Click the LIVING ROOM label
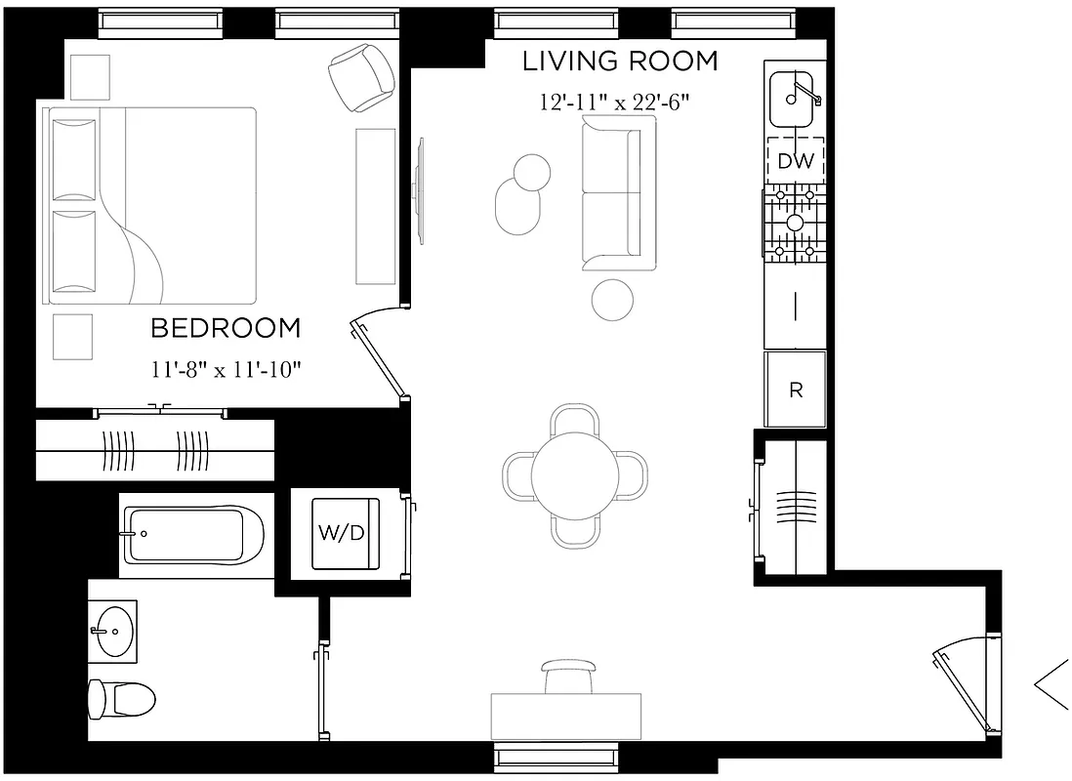[620, 62]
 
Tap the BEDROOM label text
[226, 329]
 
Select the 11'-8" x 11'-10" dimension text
[226, 369]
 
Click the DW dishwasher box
[796, 161]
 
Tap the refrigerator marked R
[796, 390]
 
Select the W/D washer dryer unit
[344, 533]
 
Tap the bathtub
[191, 535]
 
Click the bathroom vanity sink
[115, 631]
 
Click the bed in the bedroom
[151, 205]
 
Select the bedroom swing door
[379, 356]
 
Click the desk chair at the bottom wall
[567, 675]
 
